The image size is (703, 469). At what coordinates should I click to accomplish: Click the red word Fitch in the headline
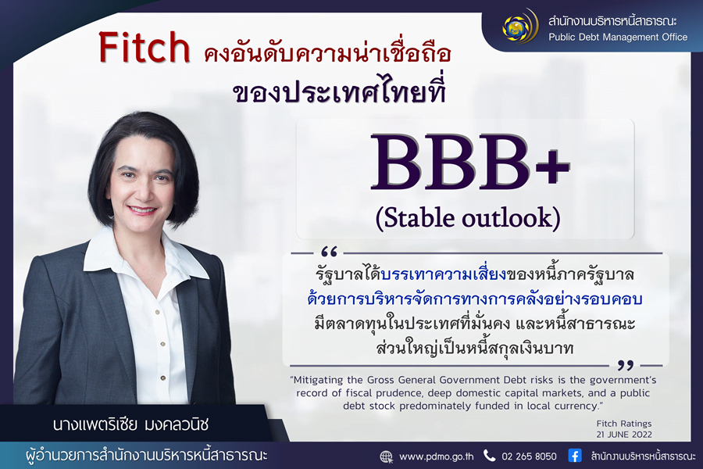145,47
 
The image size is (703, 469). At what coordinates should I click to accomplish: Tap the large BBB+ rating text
470,163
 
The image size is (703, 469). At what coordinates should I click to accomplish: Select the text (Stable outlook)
468,218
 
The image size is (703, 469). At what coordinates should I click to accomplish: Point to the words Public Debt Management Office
618,38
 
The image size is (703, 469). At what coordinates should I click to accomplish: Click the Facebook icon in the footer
575,456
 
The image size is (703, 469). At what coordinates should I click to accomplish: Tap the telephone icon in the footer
489,456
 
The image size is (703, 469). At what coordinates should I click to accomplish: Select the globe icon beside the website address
386,456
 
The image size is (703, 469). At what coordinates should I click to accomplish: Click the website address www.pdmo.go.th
436,456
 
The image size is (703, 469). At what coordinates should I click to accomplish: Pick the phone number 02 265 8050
529,456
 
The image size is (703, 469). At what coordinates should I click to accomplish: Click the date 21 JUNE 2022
623,435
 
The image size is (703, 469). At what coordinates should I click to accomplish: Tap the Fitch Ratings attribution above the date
623,423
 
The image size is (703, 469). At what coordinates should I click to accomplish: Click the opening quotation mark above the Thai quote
329,252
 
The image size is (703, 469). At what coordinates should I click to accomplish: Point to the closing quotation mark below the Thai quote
626,365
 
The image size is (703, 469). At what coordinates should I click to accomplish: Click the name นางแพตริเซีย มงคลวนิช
130,424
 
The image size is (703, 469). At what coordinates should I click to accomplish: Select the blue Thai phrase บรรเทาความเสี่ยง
443,274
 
